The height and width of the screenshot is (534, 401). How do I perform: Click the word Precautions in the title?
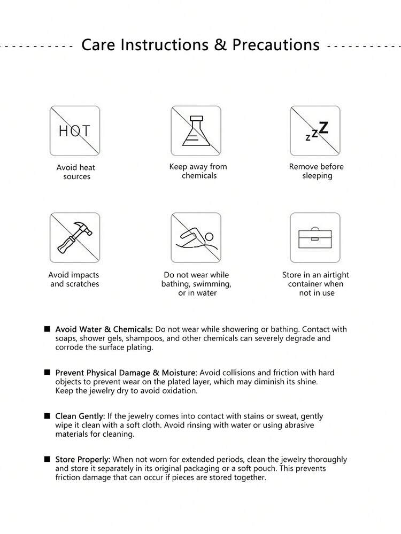pyautogui.click(x=276, y=44)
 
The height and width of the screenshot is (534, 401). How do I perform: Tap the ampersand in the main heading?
pyautogui.click(x=220, y=44)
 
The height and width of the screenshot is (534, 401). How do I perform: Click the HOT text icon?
pyautogui.click(x=75, y=131)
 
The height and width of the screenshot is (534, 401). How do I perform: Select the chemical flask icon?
pyautogui.click(x=196, y=131)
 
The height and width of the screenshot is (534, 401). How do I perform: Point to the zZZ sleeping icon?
pyautogui.click(x=317, y=131)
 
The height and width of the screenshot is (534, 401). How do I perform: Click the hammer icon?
pyautogui.click(x=75, y=238)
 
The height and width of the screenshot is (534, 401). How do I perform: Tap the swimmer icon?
pyautogui.click(x=196, y=239)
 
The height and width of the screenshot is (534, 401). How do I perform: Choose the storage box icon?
pyautogui.click(x=315, y=238)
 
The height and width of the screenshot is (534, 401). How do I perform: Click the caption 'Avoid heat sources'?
pyautogui.click(x=76, y=172)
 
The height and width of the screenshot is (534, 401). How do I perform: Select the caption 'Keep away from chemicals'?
pyautogui.click(x=198, y=171)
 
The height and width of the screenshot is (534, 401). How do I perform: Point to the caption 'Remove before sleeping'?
pyautogui.click(x=317, y=171)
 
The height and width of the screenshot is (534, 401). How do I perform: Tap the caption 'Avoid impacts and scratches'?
pyautogui.click(x=74, y=279)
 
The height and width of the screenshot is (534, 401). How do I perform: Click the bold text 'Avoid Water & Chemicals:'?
pyautogui.click(x=104, y=329)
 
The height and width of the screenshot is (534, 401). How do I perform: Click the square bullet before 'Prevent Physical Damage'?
pyautogui.click(x=48, y=372)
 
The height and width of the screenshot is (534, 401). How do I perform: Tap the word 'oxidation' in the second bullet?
pyautogui.click(x=179, y=391)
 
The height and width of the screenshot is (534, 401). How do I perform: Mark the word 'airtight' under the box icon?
pyautogui.click(x=334, y=275)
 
